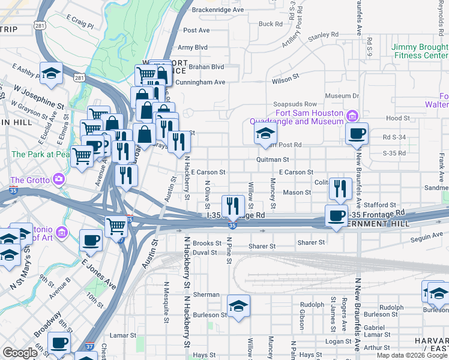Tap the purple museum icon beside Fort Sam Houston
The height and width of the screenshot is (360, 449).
(352, 115)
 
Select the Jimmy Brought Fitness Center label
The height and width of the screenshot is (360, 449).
(420, 51)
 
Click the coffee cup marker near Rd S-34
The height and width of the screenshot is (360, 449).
(357, 134)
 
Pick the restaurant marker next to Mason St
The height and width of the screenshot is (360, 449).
(340, 188)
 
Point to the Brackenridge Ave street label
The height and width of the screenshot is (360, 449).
(218, 10)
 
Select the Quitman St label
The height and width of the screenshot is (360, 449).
(273, 160)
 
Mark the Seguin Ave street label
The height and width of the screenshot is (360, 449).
(426, 236)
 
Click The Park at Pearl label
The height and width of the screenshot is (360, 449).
(40, 154)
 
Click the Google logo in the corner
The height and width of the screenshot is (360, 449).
(20, 353)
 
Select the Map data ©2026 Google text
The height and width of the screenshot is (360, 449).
(412, 355)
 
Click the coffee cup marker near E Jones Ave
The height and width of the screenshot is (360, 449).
(91, 241)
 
